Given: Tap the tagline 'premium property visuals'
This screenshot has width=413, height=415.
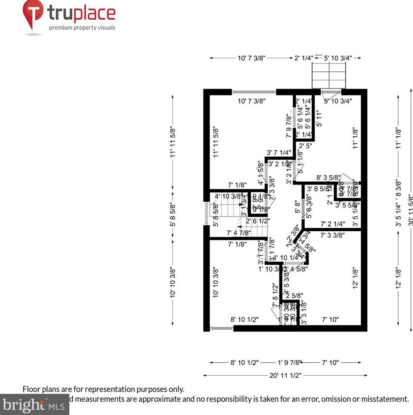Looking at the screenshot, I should coord(82,28).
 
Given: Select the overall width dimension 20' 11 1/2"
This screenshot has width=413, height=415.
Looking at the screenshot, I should coord(285,375).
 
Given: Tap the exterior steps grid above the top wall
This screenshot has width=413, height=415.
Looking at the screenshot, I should coord(329,78).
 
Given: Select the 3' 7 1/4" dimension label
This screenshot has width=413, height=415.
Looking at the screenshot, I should coord(279,153).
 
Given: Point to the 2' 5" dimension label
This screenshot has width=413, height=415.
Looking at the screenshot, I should coord(306,145).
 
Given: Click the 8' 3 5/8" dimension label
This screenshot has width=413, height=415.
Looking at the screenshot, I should coord(328,178).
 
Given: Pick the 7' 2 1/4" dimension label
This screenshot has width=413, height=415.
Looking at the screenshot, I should coord(333,224).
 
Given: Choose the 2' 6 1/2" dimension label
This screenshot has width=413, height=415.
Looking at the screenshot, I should coord(257,221).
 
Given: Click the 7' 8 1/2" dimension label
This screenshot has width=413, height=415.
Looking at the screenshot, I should coord(275,295).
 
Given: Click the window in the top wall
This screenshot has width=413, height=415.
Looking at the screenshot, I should coord(254,92).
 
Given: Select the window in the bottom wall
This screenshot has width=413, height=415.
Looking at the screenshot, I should coord(221,328).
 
